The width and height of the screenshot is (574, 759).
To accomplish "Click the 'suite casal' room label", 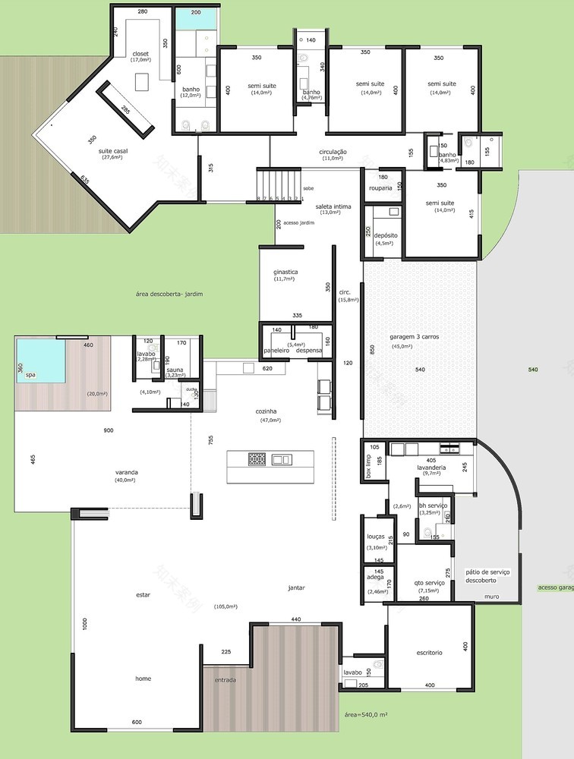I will tap(113, 152).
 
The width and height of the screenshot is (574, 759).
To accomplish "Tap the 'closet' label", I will tap(140, 54).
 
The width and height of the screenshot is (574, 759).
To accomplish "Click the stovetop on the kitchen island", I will tap(257, 459).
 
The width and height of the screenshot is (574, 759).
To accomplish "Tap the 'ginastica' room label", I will tap(285, 272).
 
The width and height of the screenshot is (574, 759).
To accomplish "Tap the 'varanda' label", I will tap(125, 471).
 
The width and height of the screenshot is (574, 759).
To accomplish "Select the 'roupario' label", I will tap(380, 188).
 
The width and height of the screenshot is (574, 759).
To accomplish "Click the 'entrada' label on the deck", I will tap(225, 679).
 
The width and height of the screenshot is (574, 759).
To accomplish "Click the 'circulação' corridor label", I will tap(333, 152).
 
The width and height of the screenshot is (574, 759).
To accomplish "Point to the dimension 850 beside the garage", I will tap(350, 349).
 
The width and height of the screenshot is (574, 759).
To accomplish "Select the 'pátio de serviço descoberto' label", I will tap(487, 575).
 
